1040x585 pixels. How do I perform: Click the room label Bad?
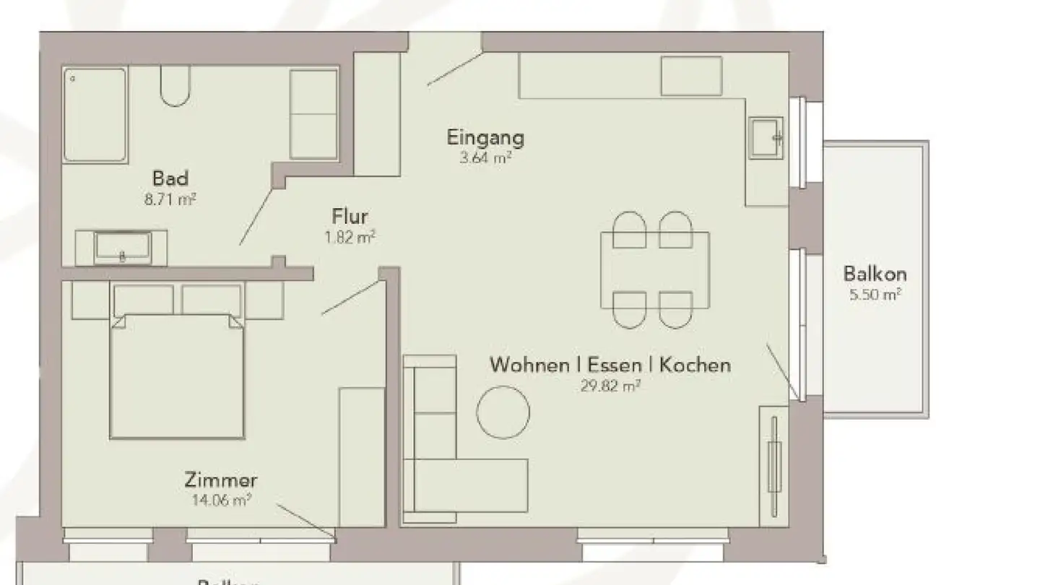(170, 178)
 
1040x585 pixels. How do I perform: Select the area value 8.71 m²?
(170, 199)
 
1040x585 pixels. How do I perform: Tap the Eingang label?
(485, 137)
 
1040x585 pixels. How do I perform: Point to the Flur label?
(350, 217)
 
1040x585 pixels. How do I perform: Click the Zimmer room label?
(220, 480)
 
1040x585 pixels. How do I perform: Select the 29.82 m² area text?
(611, 386)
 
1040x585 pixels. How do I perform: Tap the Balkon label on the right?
(875, 274)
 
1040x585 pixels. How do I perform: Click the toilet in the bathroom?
(175, 85)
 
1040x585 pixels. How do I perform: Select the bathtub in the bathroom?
(95, 114)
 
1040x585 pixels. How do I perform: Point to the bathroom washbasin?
(122, 248)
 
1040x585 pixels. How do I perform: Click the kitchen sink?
(766, 137)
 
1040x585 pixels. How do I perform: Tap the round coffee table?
(503, 412)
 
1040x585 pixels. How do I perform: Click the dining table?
(655, 269)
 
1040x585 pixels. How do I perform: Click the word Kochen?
(695, 365)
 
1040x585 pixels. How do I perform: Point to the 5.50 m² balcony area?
(875, 294)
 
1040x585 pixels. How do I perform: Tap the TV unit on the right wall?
(774, 466)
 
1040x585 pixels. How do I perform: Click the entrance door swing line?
(454, 69)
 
